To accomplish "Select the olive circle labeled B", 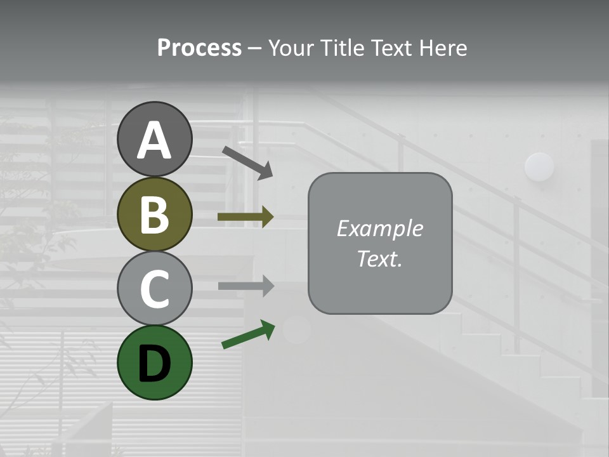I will click(x=155, y=215).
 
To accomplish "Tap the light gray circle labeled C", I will click(x=155, y=288).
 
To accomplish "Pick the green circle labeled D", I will click(x=155, y=362).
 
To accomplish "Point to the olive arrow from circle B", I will click(x=245, y=216).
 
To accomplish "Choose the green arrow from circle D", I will click(x=248, y=335).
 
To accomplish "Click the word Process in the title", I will click(x=199, y=48).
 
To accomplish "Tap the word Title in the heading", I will click(x=342, y=48).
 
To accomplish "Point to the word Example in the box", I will click(x=379, y=228).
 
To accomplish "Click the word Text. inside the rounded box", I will click(x=379, y=258).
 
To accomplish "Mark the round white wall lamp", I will click(x=539, y=167).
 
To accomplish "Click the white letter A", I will click(x=155, y=140).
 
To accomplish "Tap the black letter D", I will click(x=155, y=364).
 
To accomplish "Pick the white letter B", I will click(x=155, y=215).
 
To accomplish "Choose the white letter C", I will click(x=155, y=289).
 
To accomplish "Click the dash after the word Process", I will click(x=254, y=48).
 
